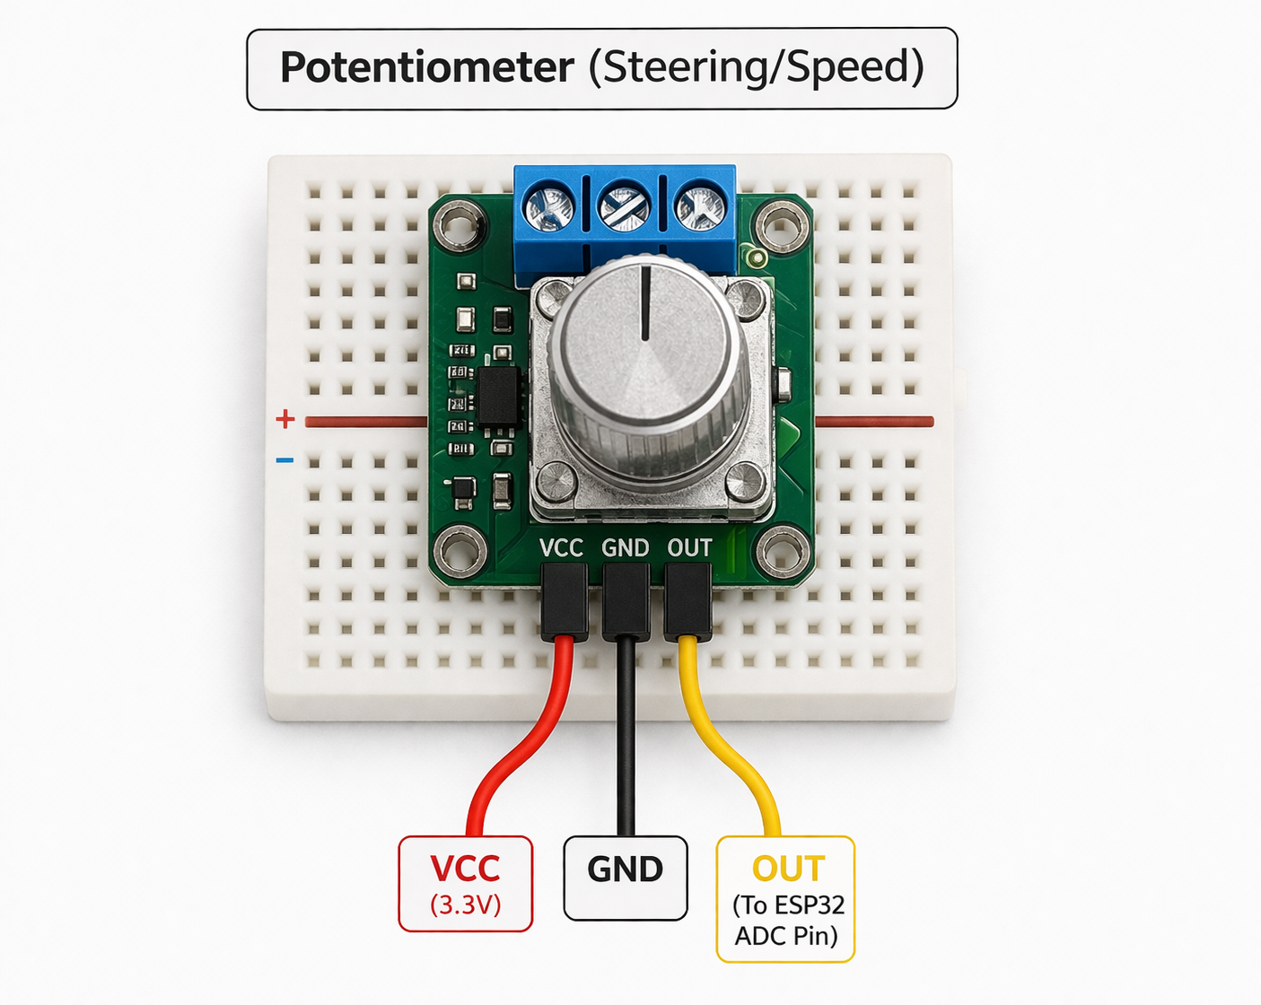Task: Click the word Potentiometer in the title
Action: click(426, 67)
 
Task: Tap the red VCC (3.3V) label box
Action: click(465, 884)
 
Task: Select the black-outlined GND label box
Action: click(626, 878)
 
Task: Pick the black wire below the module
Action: click(626, 737)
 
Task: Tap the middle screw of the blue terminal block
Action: click(624, 207)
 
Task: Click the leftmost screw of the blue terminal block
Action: click(549, 207)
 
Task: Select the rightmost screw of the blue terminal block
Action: click(700, 207)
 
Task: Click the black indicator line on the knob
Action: click(645, 303)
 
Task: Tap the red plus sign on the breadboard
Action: click(285, 419)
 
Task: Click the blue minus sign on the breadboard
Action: click(285, 460)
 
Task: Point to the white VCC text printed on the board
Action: click(561, 548)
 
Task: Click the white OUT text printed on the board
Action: click(689, 548)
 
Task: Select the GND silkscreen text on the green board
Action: click(626, 548)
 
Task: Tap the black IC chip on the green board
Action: click(499, 396)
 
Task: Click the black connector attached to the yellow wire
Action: click(687, 602)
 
